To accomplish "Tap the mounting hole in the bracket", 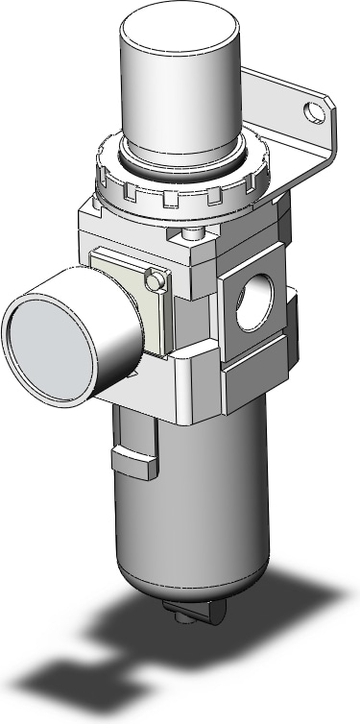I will click(x=311, y=114).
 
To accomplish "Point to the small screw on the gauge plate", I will click(x=150, y=279).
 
